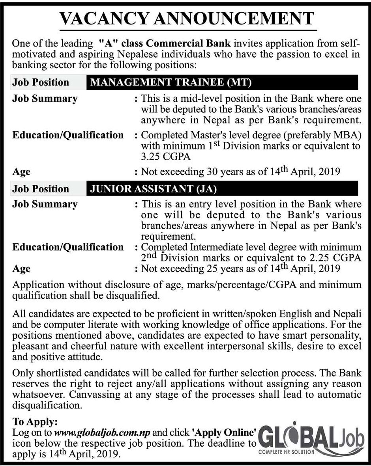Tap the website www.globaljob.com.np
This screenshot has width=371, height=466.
pos(102,432)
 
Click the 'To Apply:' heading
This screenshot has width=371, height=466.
pos(36,421)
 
